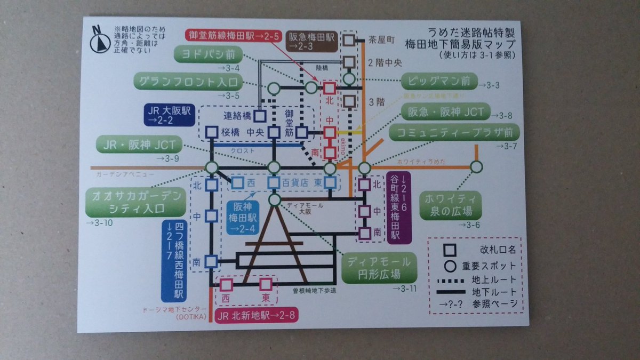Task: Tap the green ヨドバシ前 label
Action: pyautogui.click(x=209, y=54)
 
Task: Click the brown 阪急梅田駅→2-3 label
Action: pyautogui.click(x=311, y=40)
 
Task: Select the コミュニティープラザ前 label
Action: pyautogui.click(x=454, y=132)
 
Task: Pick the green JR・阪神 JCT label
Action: pyautogui.click(x=138, y=145)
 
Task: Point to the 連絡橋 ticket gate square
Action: pyautogui.click(x=260, y=116)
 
